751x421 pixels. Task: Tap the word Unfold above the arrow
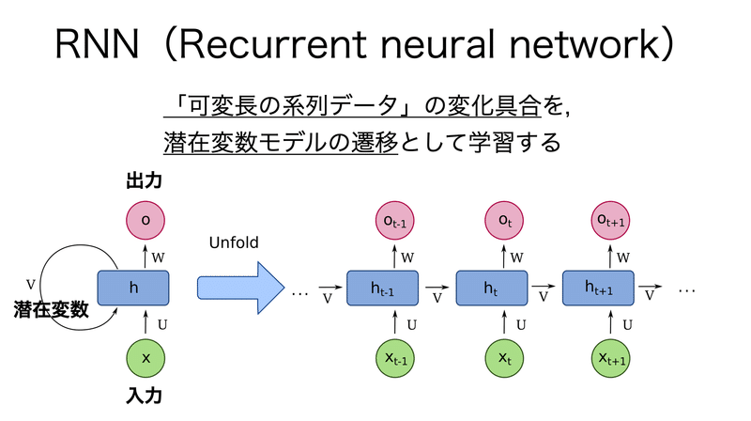pos(233,243)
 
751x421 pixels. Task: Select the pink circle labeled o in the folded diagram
pos(146,219)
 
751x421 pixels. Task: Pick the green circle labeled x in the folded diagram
pos(146,359)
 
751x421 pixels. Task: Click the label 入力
pos(146,398)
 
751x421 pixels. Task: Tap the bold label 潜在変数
pos(51,311)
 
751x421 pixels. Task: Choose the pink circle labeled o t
pos(505,221)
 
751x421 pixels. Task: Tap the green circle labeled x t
pos(505,359)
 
